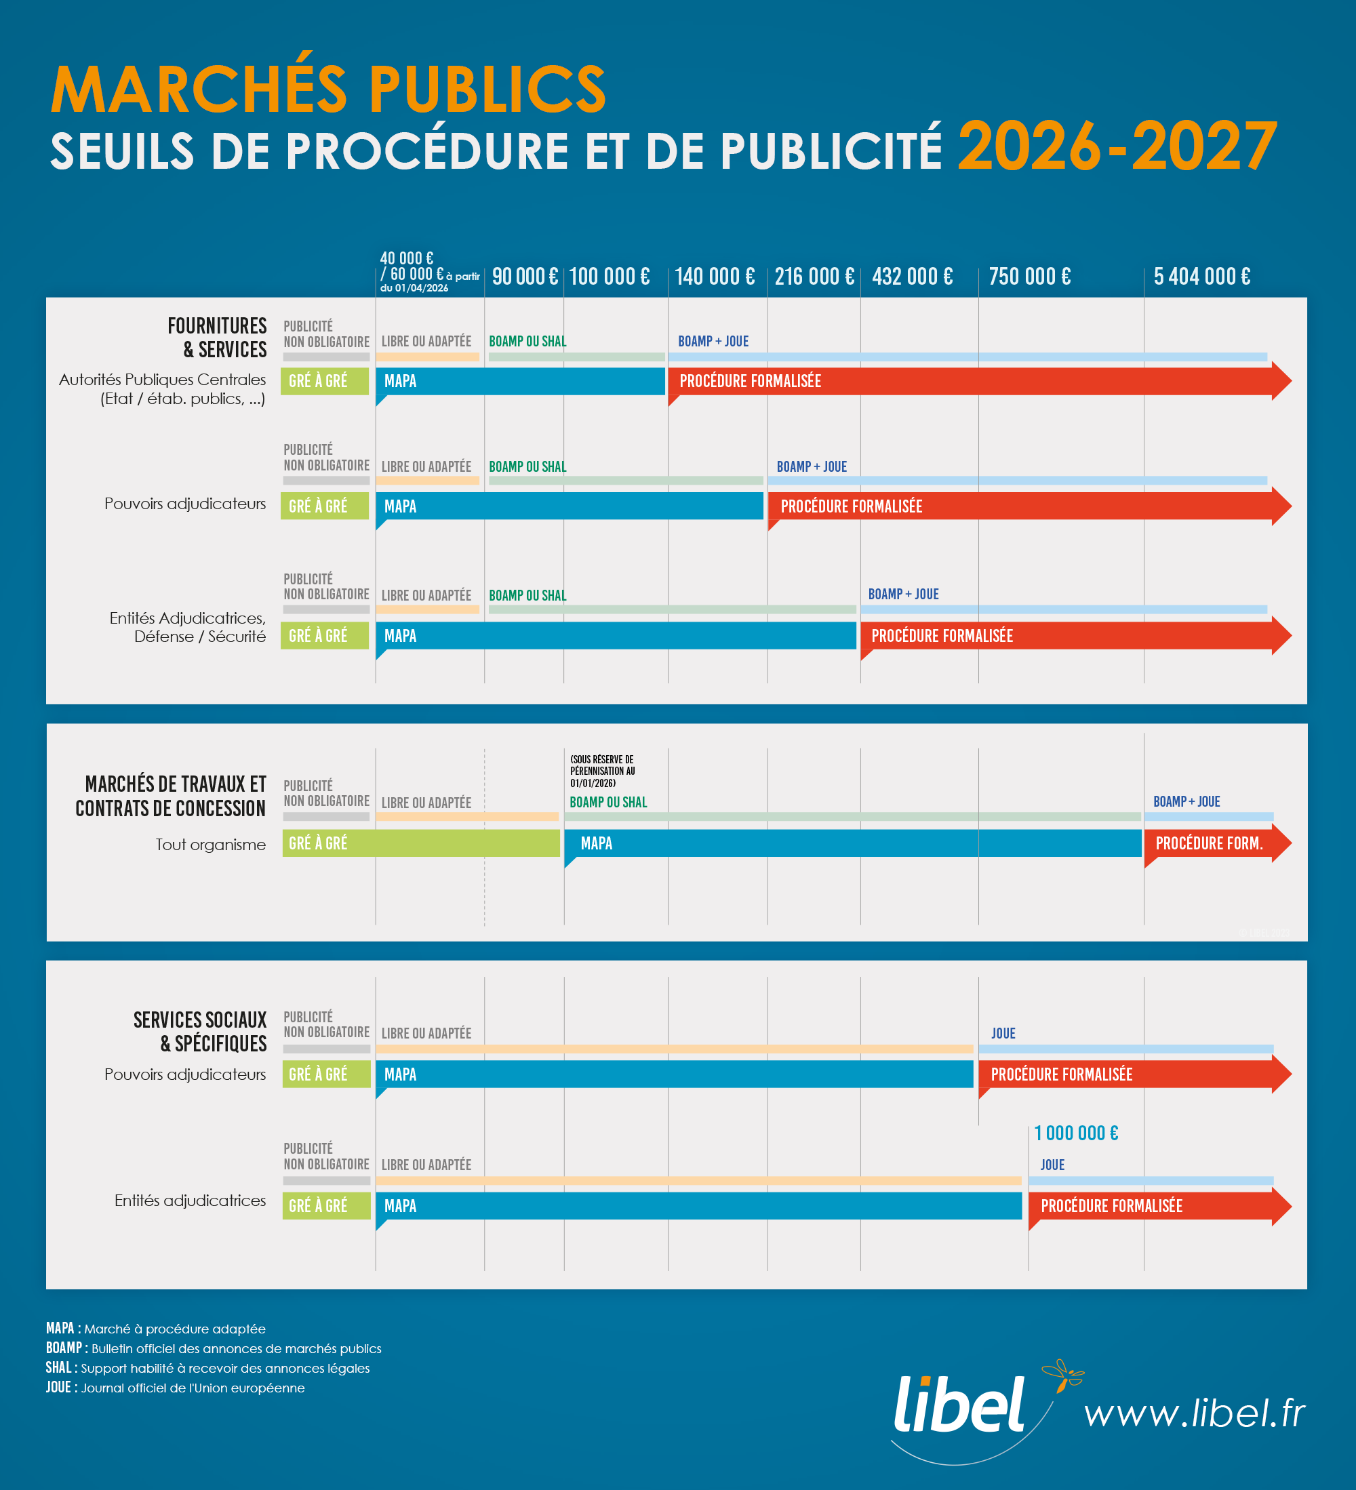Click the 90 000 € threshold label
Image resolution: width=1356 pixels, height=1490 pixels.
click(x=524, y=277)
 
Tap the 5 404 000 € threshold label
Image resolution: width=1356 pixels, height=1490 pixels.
click(x=1201, y=277)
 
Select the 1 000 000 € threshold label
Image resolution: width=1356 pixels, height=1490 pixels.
click(x=1076, y=1133)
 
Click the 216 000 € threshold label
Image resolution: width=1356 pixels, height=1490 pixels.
click(x=814, y=277)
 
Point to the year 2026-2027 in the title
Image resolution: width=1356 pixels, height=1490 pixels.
click(x=1117, y=147)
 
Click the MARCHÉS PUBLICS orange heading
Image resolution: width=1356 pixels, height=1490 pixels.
click(x=328, y=89)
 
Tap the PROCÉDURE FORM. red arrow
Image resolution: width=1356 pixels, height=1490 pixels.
click(x=1212, y=843)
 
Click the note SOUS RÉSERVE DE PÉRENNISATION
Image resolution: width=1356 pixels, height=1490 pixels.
click(x=602, y=771)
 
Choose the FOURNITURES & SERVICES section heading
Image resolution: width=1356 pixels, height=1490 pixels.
click(x=217, y=337)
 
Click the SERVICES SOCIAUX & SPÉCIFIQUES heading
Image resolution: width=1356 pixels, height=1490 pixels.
click(x=199, y=1031)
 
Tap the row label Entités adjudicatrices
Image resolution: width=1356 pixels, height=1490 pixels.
click(x=190, y=1201)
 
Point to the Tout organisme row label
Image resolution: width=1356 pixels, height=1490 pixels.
click(x=210, y=844)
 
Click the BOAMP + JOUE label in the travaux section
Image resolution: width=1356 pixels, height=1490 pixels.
click(x=1186, y=801)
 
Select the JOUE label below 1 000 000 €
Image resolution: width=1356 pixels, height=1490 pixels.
click(x=1052, y=1165)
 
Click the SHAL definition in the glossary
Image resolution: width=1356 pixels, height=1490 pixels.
click(x=207, y=1368)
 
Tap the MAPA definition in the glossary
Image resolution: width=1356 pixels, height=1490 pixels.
click(x=155, y=1329)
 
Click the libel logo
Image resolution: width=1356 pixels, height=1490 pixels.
click(x=959, y=1405)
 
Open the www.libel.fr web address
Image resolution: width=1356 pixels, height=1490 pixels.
click(x=1194, y=1413)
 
